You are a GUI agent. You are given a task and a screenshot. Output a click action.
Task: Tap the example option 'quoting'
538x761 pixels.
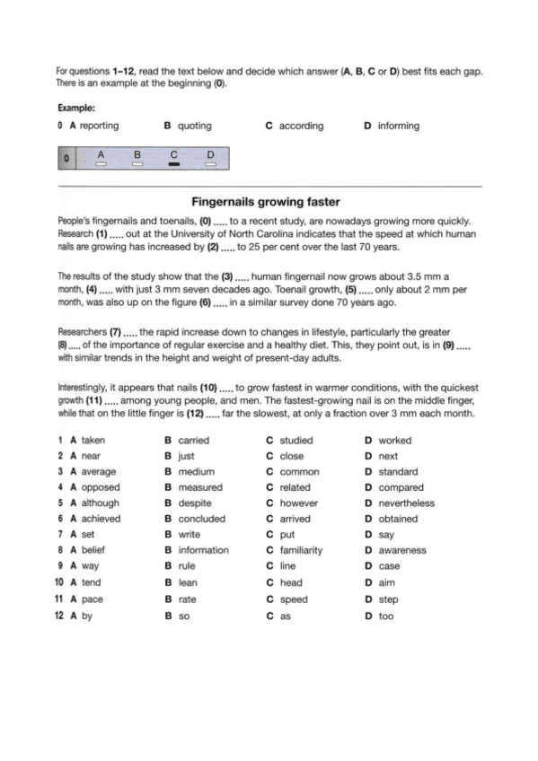point(195,126)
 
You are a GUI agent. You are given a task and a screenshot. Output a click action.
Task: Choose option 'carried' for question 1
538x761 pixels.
point(194,441)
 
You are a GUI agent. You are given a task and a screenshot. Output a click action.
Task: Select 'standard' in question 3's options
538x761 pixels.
point(398,471)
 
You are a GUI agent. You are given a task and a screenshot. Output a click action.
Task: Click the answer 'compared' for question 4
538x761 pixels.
point(401,487)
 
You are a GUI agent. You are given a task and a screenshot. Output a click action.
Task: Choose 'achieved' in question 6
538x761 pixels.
point(100,519)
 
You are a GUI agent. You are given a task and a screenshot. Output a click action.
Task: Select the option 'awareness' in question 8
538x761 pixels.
point(402,550)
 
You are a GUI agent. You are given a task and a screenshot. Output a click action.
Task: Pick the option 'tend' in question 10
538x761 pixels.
point(92,582)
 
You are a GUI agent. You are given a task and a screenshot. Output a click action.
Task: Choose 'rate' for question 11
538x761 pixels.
point(188,599)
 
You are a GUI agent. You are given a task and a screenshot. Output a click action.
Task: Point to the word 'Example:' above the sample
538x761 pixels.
point(76,107)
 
